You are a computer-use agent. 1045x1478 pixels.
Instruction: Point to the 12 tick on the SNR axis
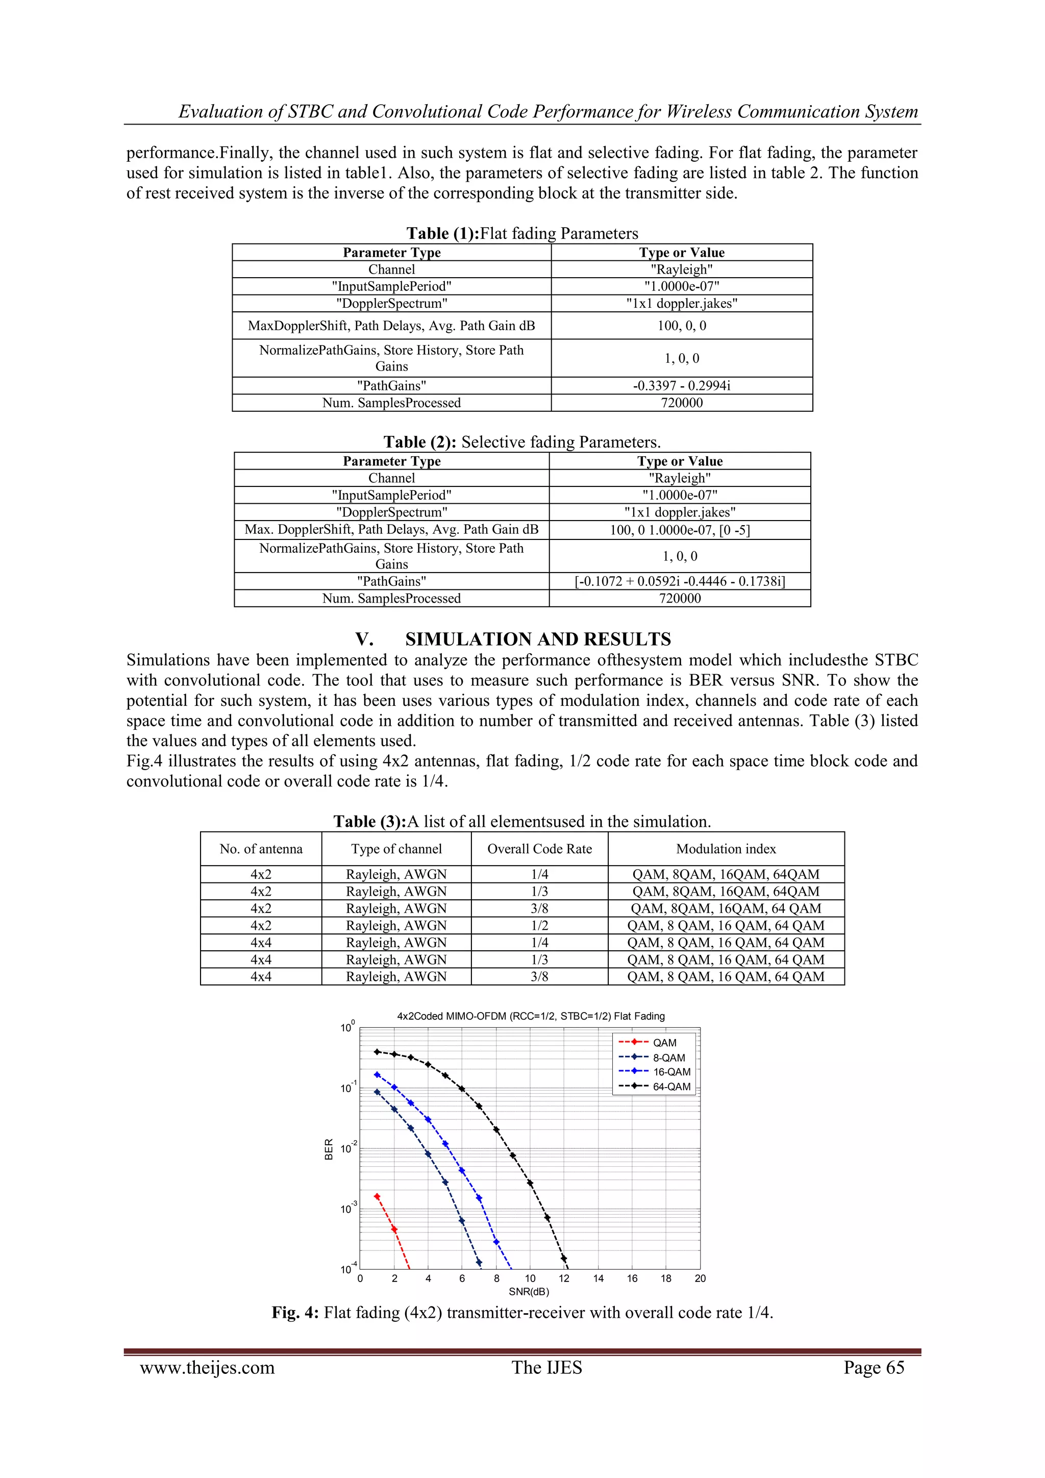click(564, 1278)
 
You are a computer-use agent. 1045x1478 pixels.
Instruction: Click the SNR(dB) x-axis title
click(529, 1292)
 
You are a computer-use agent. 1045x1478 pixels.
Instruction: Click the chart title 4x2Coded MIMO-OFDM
click(530, 1016)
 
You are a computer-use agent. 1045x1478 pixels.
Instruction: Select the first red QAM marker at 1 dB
click(377, 1197)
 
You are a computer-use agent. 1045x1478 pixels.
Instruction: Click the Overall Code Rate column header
click(539, 848)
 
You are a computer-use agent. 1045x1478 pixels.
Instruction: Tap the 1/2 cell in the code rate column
click(539, 926)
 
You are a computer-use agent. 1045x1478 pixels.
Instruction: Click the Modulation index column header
click(726, 848)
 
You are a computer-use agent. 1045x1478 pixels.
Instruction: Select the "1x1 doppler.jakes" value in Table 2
click(680, 512)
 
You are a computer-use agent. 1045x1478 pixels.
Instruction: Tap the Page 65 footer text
click(874, 1367)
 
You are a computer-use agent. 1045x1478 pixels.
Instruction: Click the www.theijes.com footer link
click(207, 1367)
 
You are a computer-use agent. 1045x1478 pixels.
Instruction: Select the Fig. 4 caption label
click(295, 1313)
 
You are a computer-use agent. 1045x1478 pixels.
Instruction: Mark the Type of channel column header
click(396, 848)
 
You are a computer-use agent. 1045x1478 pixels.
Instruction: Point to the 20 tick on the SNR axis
click(700, 1278)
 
